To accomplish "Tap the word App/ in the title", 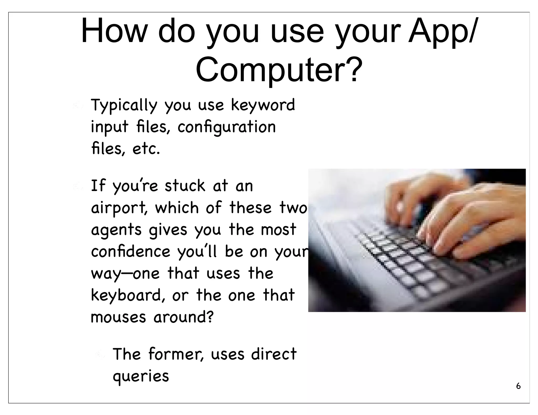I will [x=442, y=31].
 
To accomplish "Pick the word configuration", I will [x=226, y=127].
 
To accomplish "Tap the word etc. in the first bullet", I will [x=146, y=149].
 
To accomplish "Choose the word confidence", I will [x=131, y=251].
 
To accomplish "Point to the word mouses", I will [x=118, y=317].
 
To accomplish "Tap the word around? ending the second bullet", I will [x=183, y=317].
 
